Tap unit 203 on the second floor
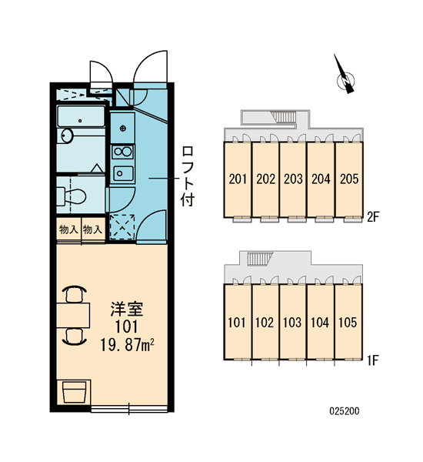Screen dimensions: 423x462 (x=293, y=179)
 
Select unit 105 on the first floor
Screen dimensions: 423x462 (x=348, y=323)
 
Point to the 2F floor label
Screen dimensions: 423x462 (x=372, y=217)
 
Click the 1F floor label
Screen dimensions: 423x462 (x=373, y=360)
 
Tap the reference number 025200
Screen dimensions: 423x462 (x=345, y=411)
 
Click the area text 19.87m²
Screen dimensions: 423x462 (x=127, y=345)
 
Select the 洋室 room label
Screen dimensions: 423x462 (x=127, y=309)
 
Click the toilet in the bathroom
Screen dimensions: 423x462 (x=71, y=196)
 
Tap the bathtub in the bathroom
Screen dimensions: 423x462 (x=81, y=116)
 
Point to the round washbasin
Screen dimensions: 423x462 (x=67, y=136)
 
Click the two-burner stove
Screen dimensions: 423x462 (x=123, y=152)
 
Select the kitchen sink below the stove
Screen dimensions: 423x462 (x=123, y=174)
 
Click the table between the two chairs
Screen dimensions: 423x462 (x=73, y=315)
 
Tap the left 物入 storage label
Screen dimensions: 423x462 (x=68, y=229)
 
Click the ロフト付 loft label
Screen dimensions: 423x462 (x=188, y=176)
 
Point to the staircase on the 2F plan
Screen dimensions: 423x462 (x=284, y=117)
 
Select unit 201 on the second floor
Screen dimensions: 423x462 (x=238, y=179)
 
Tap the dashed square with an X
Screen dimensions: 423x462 (x=122, y=226)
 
